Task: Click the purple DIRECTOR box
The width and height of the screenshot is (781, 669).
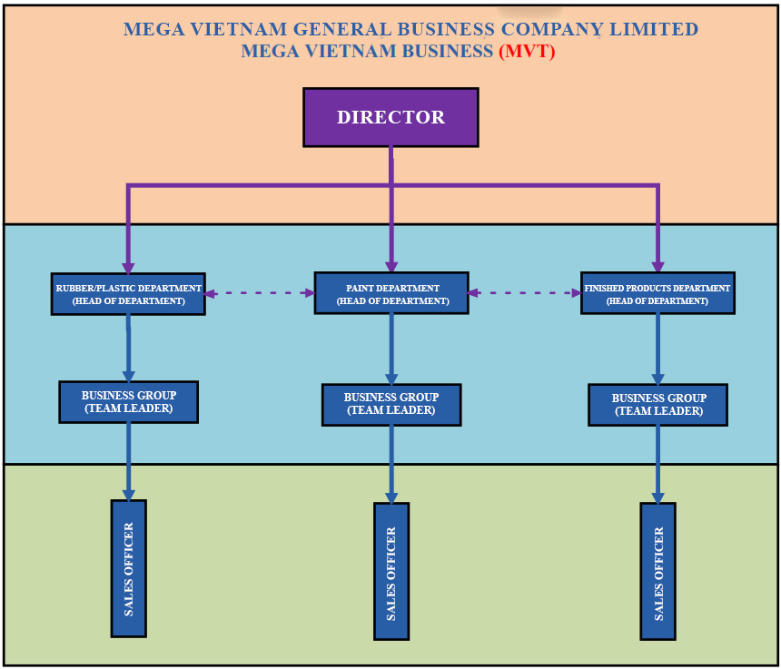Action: [390, 117]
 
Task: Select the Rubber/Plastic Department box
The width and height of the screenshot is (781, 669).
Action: [128, 294]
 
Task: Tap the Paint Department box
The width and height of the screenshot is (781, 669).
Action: [391, 293]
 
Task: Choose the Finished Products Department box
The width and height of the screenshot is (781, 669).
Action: [657, 293]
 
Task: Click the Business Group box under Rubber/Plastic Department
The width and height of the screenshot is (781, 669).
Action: [128, 401]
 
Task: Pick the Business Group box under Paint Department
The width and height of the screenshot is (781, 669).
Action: [391, 404]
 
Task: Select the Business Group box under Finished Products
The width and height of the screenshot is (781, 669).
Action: [657, 405]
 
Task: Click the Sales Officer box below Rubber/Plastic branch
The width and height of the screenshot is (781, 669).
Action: [128, 568]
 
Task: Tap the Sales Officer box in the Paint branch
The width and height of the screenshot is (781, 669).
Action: [391, 571]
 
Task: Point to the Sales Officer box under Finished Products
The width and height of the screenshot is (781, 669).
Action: [657, 572]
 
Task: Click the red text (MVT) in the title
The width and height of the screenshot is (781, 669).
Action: [527, 52]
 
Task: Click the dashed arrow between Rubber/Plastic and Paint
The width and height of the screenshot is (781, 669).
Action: [260, 293]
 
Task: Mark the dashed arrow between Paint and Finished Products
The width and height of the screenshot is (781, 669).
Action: [525, 293]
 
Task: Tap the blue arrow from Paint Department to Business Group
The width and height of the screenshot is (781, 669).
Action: [391, 349]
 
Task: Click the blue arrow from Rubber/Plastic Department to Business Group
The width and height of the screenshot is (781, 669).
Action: [128, 349]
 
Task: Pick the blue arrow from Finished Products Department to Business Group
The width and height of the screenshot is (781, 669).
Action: [657, 350]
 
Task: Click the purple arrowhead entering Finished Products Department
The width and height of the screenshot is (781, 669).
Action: [657, 265]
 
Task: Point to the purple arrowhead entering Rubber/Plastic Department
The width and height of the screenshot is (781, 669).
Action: [128, 265]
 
